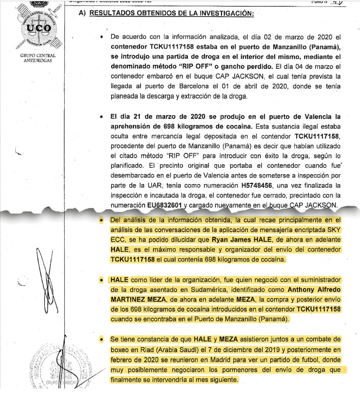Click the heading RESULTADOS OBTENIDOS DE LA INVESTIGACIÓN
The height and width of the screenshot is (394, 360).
click(x=171, y=13)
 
